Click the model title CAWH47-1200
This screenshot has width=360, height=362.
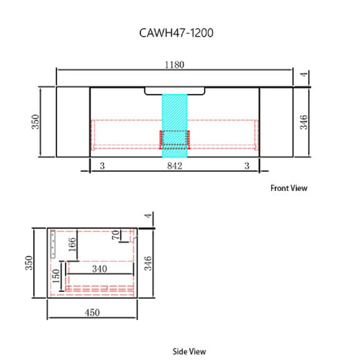coord(176,33)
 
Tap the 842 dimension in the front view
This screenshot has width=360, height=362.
coord(174,166)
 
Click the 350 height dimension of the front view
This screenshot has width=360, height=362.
coord(36,122)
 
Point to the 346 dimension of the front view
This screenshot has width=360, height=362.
coord(304,122)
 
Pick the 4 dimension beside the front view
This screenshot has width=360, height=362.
coord(304,75)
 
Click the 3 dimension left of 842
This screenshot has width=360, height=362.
coord(102,166)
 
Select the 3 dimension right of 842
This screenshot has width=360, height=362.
coord(247,166)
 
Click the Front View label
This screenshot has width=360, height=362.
coord(289,188)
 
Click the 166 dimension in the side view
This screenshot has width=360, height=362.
coord(73,245)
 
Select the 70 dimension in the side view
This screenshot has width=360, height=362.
coord(115,236)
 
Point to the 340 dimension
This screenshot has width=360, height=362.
coord(99,269)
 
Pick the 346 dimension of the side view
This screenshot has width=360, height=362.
coord(148,263)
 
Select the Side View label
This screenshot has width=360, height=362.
coord(189,351)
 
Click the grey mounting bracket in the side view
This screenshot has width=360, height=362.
coord(54,243)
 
